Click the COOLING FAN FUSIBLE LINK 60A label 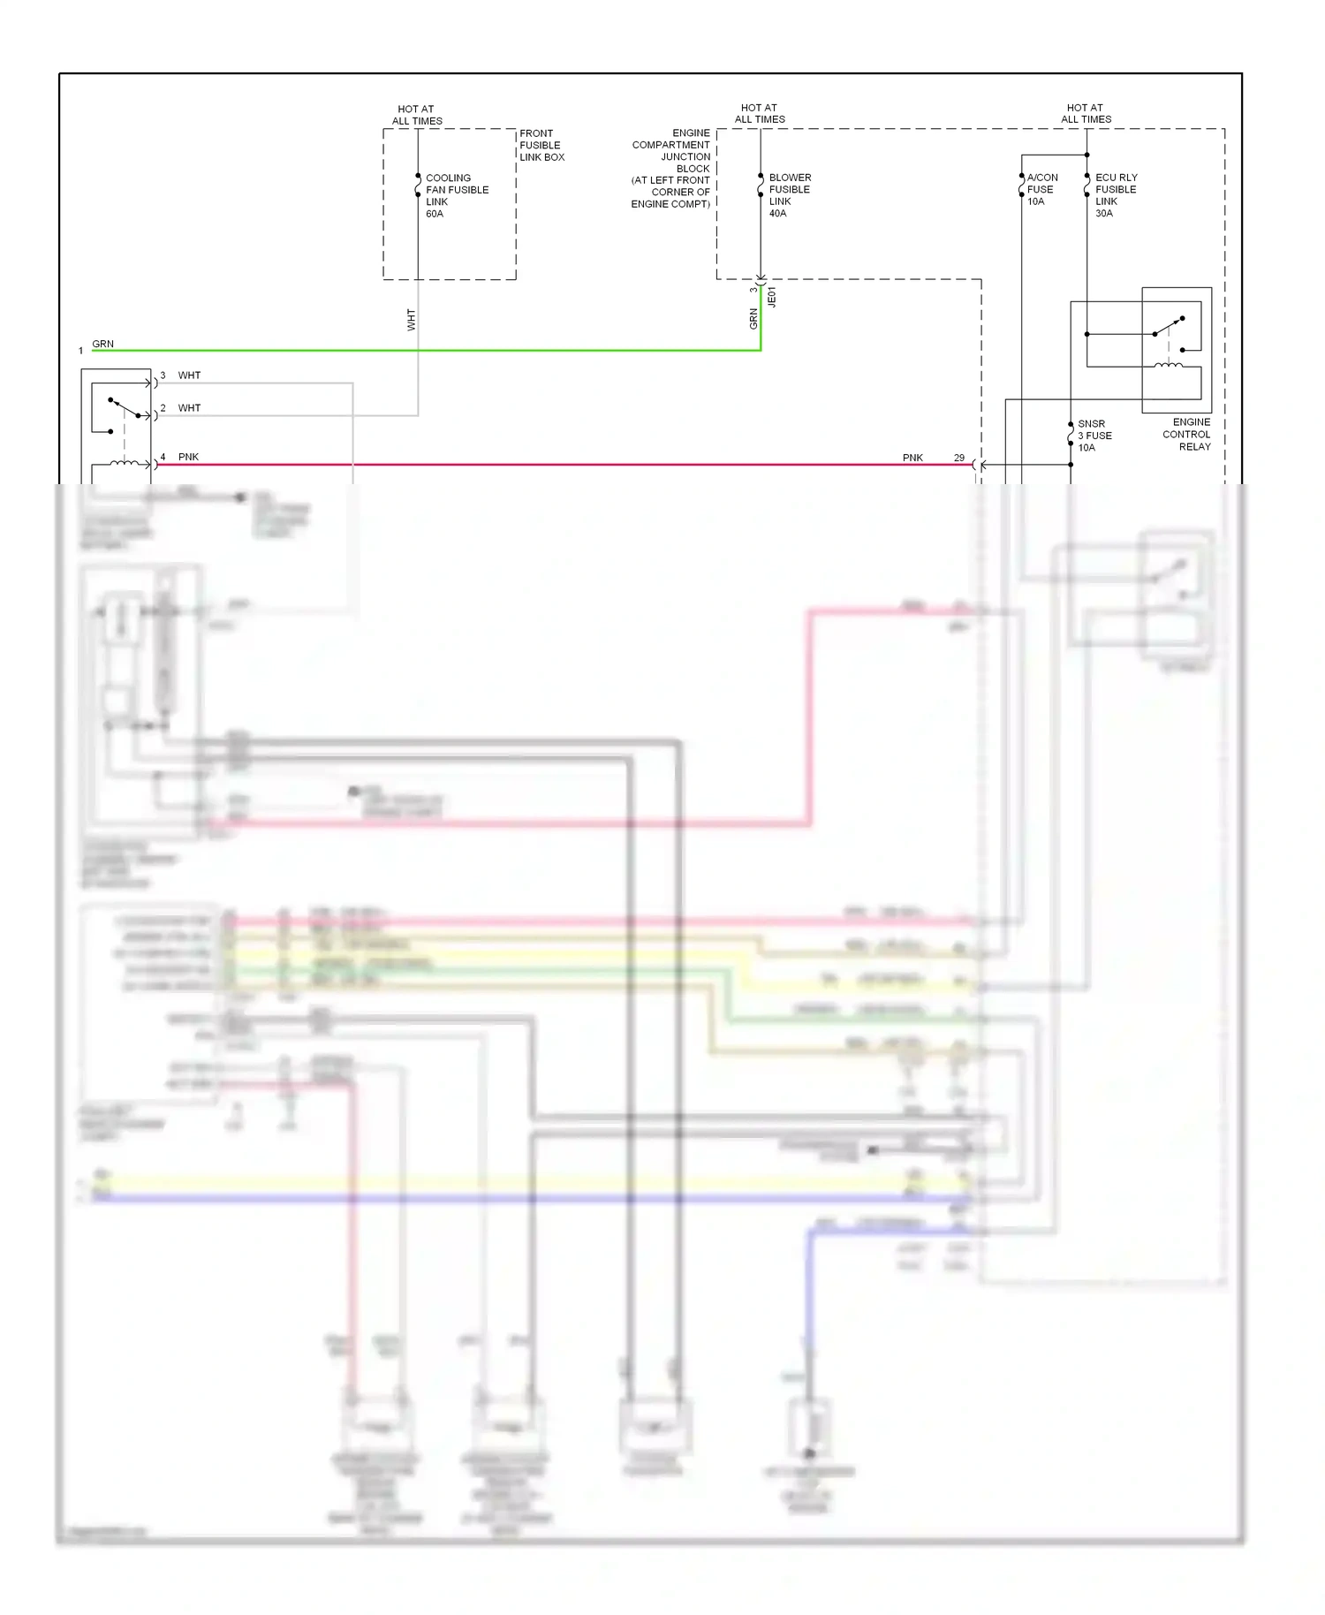tap(456, 195)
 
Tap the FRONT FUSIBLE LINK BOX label tap(541, 145)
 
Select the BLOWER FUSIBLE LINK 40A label tap(789, 195)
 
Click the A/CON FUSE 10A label tap(1041, 189)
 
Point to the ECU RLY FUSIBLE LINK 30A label tap(1116, 195)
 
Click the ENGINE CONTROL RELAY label tap(1187, 434)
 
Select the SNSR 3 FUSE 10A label tap(1094, 436)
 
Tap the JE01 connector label tap(772, 297)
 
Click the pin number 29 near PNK tap(959, 458)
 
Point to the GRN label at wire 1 tap(102, 344)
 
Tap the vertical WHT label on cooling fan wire tap(411, 319)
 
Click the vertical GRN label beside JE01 tap(753, 318)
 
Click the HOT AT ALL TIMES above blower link tap(760, 113)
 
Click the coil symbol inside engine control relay tap(1169, 365)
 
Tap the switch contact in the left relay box tap(124, 407)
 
